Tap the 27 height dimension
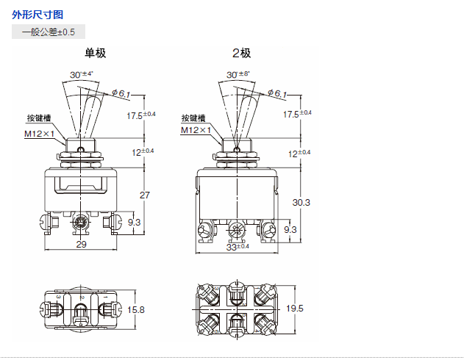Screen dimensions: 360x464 (x=145, y=195)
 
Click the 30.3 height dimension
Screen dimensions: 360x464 (x=301, y=201)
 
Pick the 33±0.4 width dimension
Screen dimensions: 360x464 (x=238, y=247)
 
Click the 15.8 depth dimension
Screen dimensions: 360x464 (x=136, y=309)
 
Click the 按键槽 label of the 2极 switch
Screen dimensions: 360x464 (x=193, y=118)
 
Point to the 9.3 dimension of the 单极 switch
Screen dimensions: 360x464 (x=135, y=221)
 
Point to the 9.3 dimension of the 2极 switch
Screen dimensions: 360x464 (x=290, y=229)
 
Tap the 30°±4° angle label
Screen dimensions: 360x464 (x=83, y=74)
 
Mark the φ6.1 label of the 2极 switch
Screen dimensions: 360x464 (x=277, y=93)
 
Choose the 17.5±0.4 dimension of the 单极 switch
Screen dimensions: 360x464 (x=141, y=115)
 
